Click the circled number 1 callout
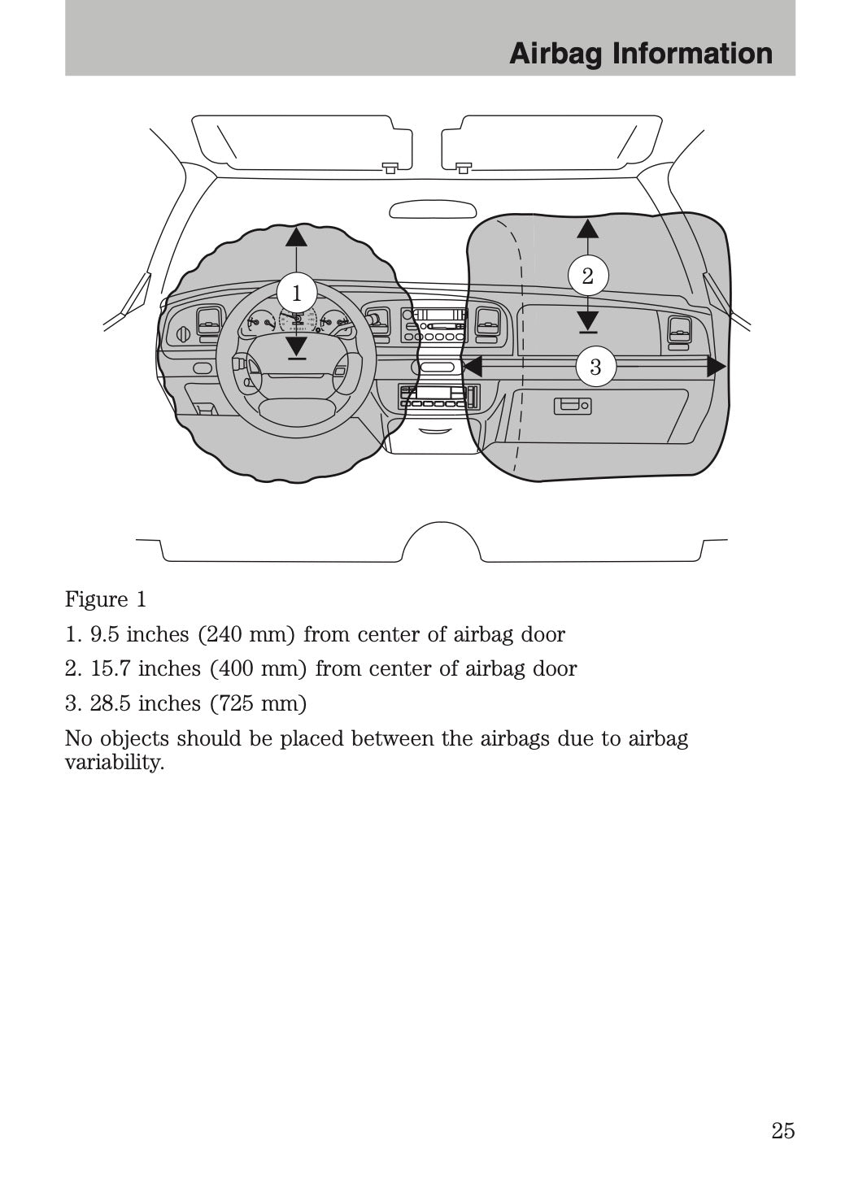(x=296, y=293)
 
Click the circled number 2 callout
(x=587, y=276)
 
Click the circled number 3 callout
(x=595, y=367)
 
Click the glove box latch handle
(x=573, y=405)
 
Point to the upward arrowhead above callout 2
(x=587, y=228)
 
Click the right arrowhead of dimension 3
(x=716, y=367)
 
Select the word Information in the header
(x=691, y=54)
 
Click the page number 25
(x=782, y=1131)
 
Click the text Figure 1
(x=106, y=600)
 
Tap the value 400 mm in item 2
(x=259, y=669)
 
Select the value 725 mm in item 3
(x=259, y=703)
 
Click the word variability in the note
(x=113, y=763)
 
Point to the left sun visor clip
(x=390, y=167)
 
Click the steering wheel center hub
(x=296, y=384)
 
